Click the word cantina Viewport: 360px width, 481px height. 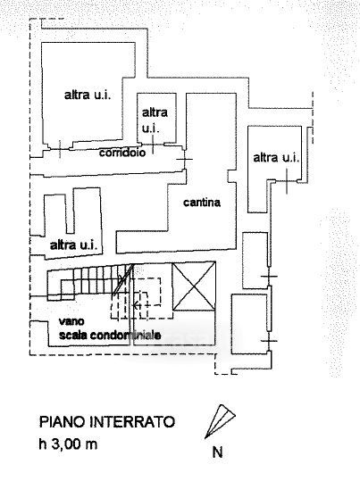tap(202, 203)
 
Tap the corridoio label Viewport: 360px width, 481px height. tap(122, 153)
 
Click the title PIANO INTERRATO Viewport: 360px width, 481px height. tap(107, 422)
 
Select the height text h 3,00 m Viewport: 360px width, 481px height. tap(68, 444)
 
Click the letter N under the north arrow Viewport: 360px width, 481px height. tap(217, 452)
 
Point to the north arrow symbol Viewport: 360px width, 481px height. tap(220, 421)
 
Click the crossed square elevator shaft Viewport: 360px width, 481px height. tap(194, 286)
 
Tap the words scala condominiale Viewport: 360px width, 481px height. tap(110, 335)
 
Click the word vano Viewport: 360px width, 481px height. tap(71, 321)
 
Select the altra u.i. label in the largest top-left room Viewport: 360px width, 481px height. tap(88, 95)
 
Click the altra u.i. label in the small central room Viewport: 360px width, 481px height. tap(155, 120)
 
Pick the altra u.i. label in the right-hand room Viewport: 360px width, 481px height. tap(276, 158)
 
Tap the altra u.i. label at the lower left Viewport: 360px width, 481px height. tap(74, 245)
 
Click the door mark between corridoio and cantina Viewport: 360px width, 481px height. tap(185, 159)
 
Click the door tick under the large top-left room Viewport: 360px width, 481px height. tap(60, 149)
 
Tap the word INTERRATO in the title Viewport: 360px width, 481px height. tap(132, 422)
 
